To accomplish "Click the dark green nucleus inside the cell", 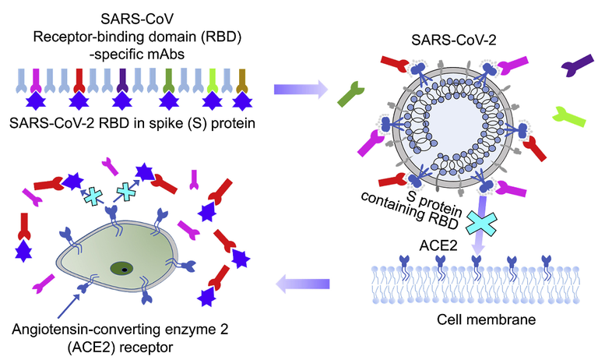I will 121,269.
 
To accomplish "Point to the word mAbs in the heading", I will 170,53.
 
